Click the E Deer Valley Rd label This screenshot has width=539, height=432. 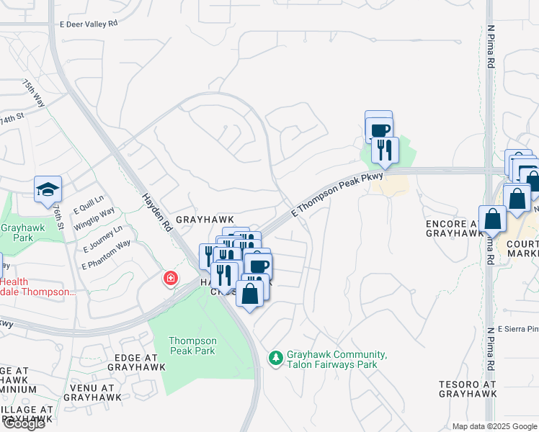pos(88,24)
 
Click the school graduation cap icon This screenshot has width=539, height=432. pos(48,189)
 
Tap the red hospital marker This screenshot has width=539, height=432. pos(171,278)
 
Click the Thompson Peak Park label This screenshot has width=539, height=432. pos(192,346)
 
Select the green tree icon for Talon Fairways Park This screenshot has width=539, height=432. pos(275,357)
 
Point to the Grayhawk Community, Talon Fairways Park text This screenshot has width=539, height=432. pos(337,360)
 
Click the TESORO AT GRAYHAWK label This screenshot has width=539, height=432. pos(468,390)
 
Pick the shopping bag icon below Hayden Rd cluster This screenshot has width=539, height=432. pos(250,294)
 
